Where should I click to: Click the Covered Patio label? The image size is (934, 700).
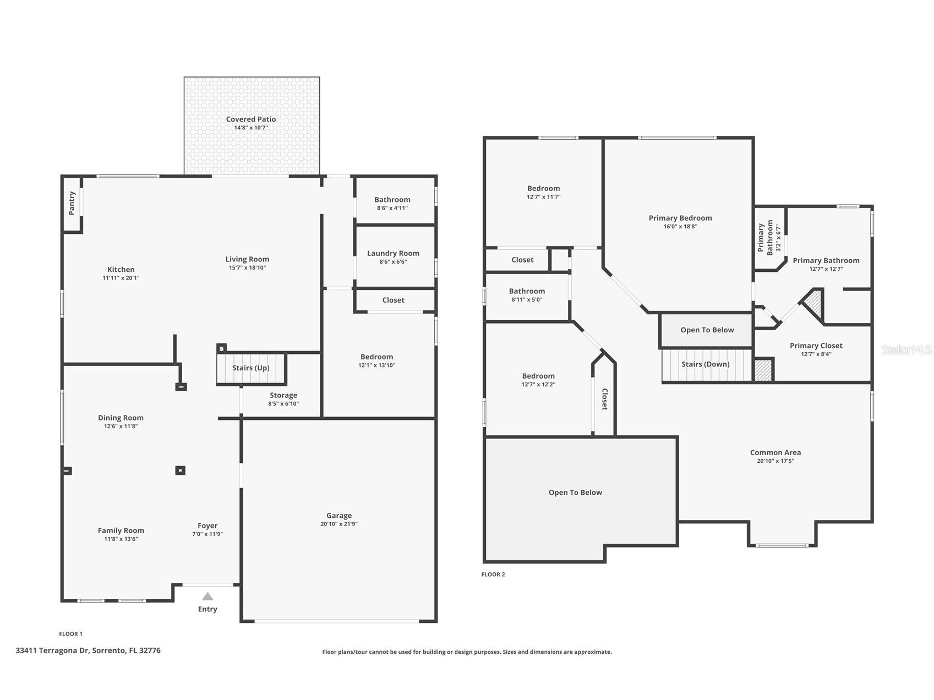pyautogui.click(x=251, y=119)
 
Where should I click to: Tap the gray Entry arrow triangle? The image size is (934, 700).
pyautogui.click(x=207, y=597)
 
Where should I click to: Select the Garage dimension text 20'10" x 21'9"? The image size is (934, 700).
pyautogui.click(x=339, y=524)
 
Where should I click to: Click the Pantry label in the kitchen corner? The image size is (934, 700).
pyautogui.click(x=72, y=203)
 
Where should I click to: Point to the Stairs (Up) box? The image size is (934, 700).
pyautogui.click(x=251, y=368)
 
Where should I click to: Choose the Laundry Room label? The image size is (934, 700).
pyautogui.click(x=393, y=253)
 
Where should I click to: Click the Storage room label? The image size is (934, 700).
pyautogui.click(x=283, y=395)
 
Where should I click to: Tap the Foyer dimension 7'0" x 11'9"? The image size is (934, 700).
pyautogui.click(x=207, y=534)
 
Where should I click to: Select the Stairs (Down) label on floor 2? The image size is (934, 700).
pyautogui.click(x=706, y=364)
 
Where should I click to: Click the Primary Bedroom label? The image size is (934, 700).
pyautogui.click(x=680, y=218)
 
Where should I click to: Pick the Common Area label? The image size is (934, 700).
pyautogui.click(x=775, y=452)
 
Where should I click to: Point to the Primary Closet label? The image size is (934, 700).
pyautogui.click(x=816, y=346)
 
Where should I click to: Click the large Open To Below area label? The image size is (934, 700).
pyautogui.click(x=575, y=493)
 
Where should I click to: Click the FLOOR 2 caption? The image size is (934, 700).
pyautogui.click(x=493, y=575)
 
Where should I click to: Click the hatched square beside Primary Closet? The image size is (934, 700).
pyautogui.click(x=763, y=370)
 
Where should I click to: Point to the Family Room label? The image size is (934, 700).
pyautogui.click(x=121, y=531)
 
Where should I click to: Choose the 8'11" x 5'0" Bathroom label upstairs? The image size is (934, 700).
pyautogui.click(x=527, y=291)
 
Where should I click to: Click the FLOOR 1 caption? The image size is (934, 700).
pyautogui.click(x=70, y=634)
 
